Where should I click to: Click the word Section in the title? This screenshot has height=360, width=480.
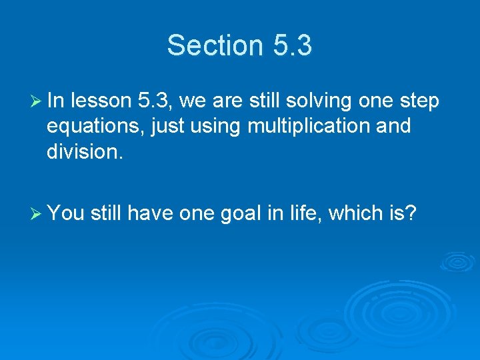pyautogui.click(x=215, y=45)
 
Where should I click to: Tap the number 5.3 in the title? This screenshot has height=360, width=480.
pyautogui.click(x=292, y=45)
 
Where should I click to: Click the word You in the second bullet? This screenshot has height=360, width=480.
pyautogui.click(x=65, y=213)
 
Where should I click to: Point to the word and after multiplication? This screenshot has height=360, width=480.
pyautogui.click(x=393, y=125)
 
